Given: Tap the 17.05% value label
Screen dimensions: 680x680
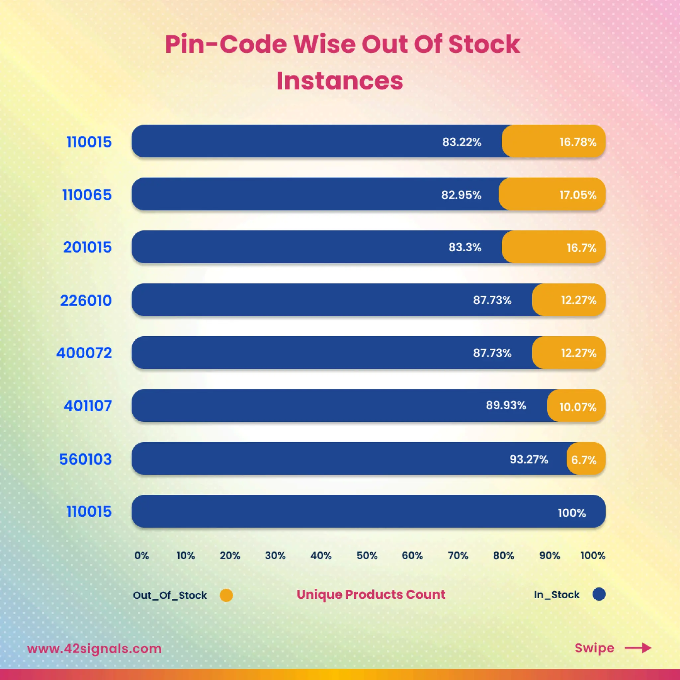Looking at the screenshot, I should coord(578,195).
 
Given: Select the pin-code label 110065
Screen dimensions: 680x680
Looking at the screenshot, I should coord(87,195).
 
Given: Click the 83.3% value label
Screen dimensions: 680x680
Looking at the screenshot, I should coord(465,247).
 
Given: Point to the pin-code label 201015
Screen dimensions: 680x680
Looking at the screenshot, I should coord(87,247).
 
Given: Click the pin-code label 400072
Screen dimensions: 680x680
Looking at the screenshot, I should coord(84,353).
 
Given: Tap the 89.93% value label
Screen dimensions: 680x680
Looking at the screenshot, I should coord(506,405).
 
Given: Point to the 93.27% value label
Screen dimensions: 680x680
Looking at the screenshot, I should coord(529,459).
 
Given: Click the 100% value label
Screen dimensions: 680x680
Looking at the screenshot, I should coord(572,513).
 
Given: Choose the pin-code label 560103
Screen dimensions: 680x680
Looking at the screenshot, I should coord(86,459).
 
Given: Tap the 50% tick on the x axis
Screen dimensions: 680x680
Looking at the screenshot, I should coord(367,556).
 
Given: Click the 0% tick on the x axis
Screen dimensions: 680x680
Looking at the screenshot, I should coord(141,556).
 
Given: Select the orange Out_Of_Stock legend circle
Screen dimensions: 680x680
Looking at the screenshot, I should coord(226,596).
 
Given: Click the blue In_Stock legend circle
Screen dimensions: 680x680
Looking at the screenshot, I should coord(599,594).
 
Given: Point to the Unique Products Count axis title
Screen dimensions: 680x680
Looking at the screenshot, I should coord(371,594).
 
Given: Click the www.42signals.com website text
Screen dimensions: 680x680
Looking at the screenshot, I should coord(94,648).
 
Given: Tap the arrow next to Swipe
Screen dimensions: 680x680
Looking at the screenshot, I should coord(638,648).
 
